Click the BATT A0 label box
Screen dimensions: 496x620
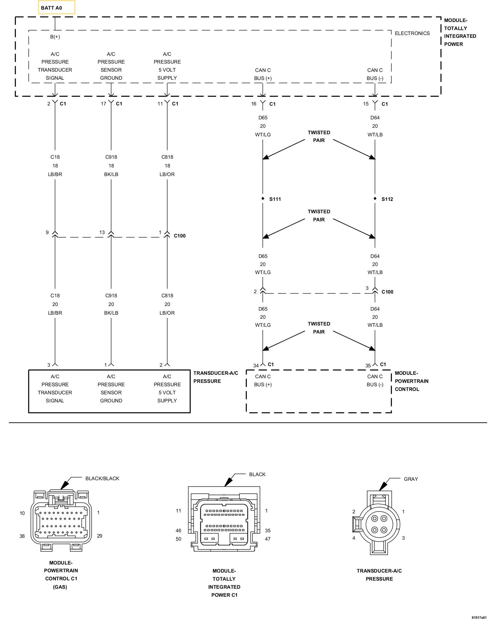pyautogui.click(x=56, y=7)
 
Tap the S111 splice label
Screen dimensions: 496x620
pyautogui.click(x=275, y=199)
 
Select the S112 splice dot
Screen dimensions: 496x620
pyautogui.click(x=375, y=198)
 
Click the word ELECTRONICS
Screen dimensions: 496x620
pyautogui.click(x=412, y=33)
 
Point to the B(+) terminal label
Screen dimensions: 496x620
pyautogui.click(x=55, y=37)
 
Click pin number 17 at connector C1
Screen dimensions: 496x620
pyautogui.click(x=104, y=104)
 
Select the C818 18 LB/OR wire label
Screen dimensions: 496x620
pyautogui.click(x=167, y=166)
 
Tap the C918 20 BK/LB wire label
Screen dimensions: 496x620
pyautogui.click(x=111, y=304)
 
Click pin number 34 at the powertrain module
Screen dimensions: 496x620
pyautogui.click(x=256, y=366)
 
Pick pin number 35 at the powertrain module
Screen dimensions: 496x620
pyautogui.click(x=368, y=366)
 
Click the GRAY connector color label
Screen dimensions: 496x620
pyautogui.click(x=411, y=479)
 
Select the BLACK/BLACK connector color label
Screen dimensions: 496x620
pyautogui.click(x=102, y=478)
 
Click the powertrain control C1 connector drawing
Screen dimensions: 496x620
pyautogui.click(x=61, y=520)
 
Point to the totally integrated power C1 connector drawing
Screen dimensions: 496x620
pyautogui.click(x=224, y=519)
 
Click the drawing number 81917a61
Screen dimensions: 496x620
pyautogui.click(x=479, y=617)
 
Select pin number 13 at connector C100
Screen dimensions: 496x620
pyautogui.click(x=102, y=232)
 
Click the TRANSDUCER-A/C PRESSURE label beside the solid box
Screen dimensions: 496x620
pyautogui.click(x=216, y=377)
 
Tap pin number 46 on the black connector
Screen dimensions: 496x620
pyautogui.click(x=179, y=530)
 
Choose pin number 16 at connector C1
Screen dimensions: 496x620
pyautogui.click(x=254, y=104)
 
